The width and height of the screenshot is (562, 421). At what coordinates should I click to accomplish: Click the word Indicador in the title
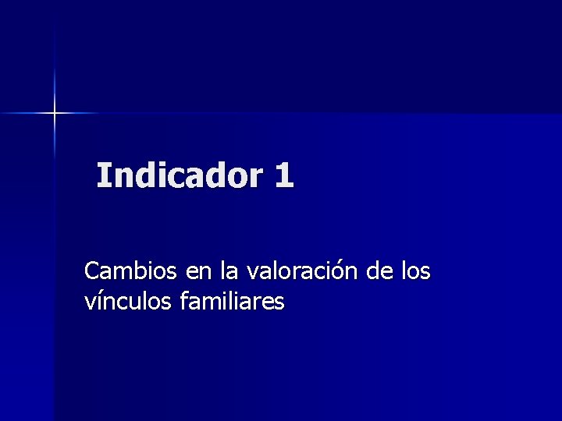coord(180,175)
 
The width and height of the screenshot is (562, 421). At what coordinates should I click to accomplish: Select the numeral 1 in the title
coord(284,175)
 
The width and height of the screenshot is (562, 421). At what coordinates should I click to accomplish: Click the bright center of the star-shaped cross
coord(55,113)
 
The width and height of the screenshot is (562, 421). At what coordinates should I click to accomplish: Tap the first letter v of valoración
coord(253,273)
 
